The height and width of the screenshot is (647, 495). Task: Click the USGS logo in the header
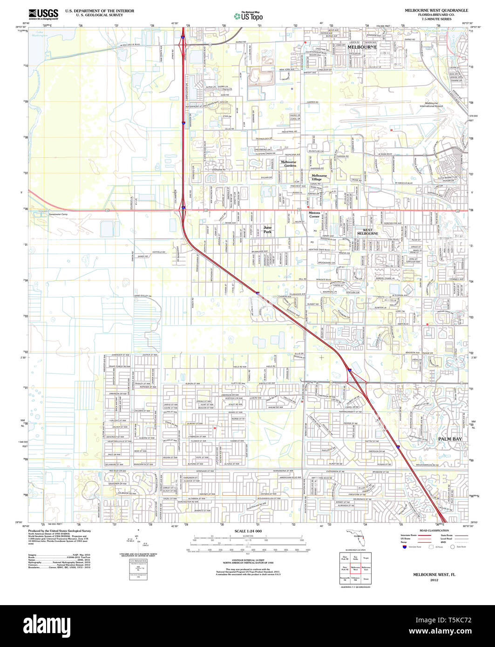click(x=43, y=14)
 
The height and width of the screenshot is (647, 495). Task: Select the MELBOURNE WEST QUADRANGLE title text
click(x=436, y=10)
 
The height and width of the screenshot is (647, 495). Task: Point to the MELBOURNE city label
click(x=362, y=47)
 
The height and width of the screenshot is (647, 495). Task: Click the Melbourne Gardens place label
click(x=288, y=163)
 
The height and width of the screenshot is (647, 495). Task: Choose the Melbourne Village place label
click(x=319, y=177)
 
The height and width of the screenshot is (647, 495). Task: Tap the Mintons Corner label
click(x=314, y=214)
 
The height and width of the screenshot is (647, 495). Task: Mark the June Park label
click(x=267, y=229)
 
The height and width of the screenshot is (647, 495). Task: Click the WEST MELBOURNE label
click(x=367, y=231)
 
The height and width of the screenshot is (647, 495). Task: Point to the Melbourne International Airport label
click(x=431, y=104)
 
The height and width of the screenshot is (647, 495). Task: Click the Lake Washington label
click(x=42, y=34)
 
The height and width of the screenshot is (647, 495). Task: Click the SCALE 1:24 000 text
click(x=248, y=531)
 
